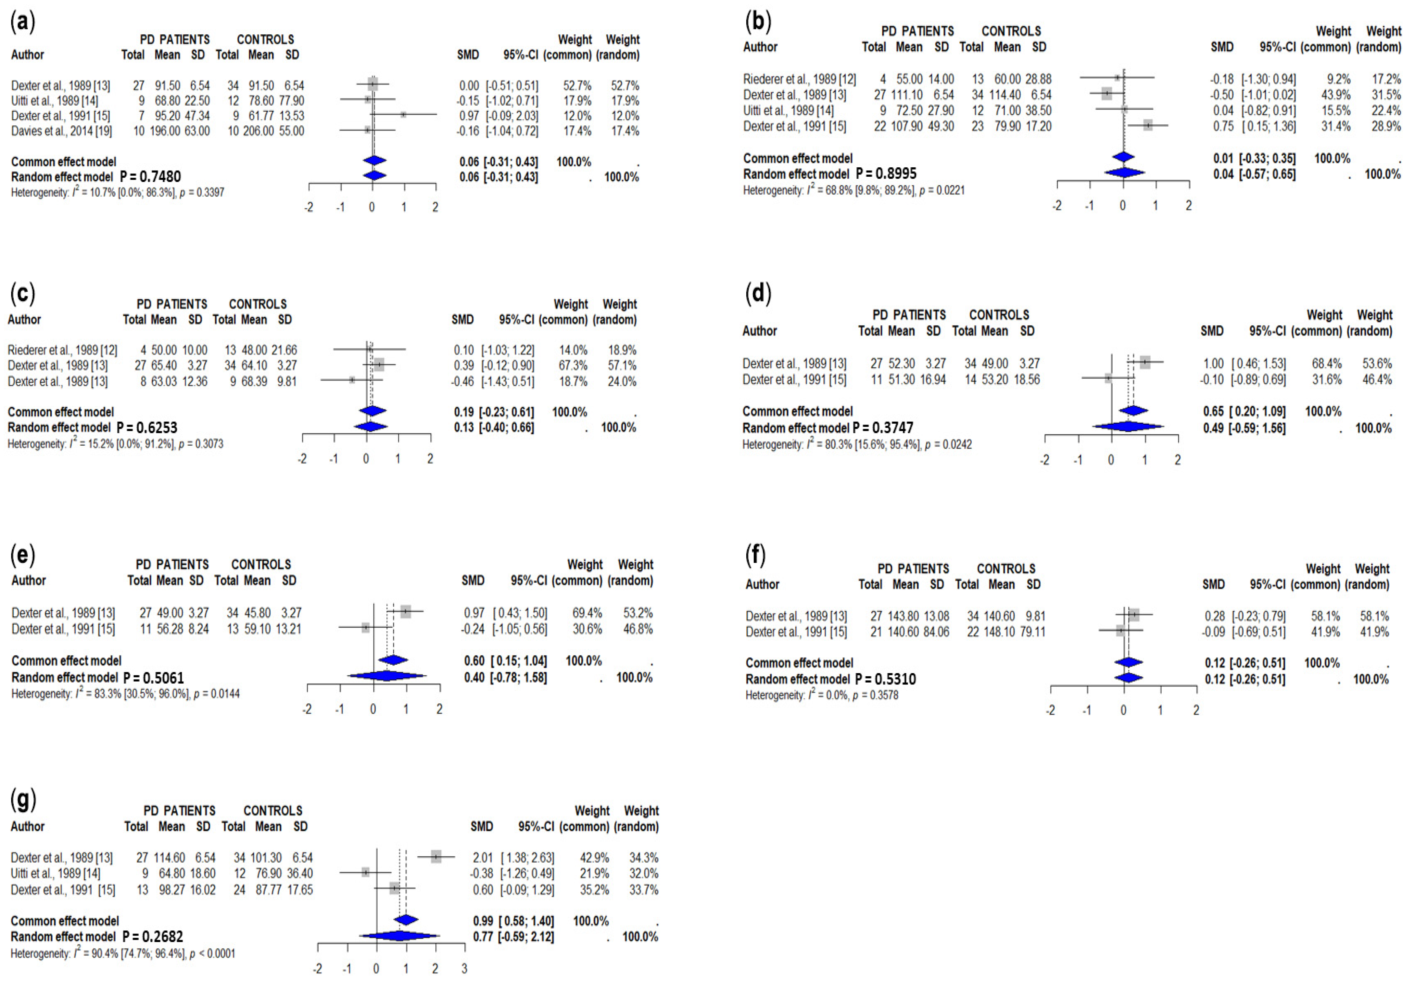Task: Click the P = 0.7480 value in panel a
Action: tap(150, 177)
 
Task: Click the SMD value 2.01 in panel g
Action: tap(483, 858)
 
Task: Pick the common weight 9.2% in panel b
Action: tap(1338, 79)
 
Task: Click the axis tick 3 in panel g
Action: tap(464, 968)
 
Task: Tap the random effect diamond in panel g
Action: tap(399, 936)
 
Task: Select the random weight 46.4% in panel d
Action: tap(1377, 380)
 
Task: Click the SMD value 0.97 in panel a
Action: tap(469, 116)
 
